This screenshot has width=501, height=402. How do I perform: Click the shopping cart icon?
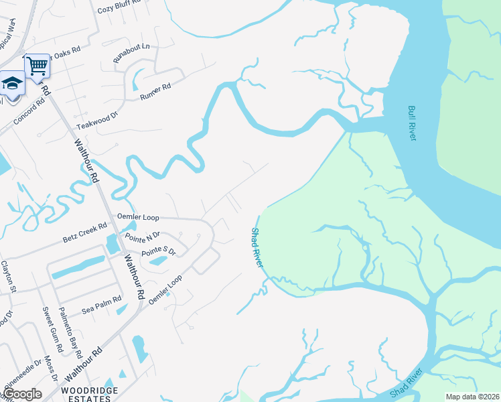(x=38, y=66)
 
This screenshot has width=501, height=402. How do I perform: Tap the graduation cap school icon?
(x=11, y=83)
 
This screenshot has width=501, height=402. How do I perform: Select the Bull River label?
(x=411, y=123)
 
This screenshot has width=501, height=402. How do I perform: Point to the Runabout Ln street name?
(x=131, y=54)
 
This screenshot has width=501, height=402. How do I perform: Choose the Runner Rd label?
(x=155, y=91)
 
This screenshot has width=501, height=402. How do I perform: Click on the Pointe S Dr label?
(x=158, y=252)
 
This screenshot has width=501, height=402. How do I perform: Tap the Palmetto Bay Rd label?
(x=70, y=331)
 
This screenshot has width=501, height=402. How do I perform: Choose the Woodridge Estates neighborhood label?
(x=86, y=393)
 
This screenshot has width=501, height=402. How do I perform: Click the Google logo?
(x=22, y=394)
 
